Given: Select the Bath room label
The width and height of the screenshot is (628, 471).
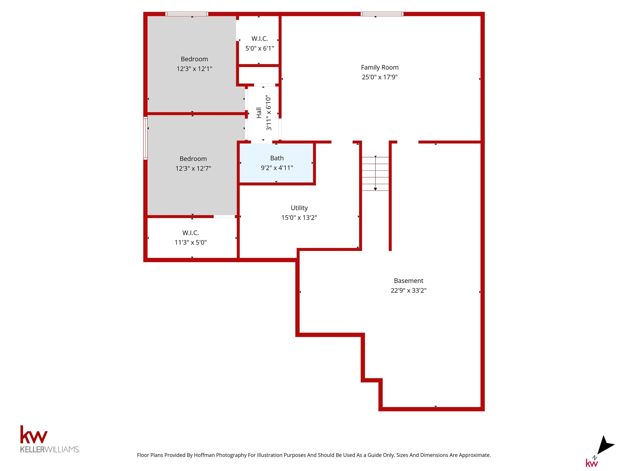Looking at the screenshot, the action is pos(277,158).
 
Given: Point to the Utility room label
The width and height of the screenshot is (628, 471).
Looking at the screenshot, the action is pos(299,208).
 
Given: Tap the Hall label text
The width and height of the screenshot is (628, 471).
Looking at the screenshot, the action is pos(259,113).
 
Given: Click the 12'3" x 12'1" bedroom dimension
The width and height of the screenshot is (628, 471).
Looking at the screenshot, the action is pos(194,69).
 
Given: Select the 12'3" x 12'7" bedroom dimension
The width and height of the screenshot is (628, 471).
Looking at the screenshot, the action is pos(193,169).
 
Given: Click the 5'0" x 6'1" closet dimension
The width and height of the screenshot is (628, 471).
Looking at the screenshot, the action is pos(259,48).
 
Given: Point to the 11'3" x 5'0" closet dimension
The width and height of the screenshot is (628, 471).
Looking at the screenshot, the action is pos(191,242).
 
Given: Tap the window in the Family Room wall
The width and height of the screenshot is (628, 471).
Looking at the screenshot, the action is pos(382,14).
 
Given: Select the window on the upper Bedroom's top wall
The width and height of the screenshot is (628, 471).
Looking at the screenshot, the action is pos(187,14).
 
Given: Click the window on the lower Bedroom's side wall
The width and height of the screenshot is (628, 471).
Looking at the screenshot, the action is pos(145,138).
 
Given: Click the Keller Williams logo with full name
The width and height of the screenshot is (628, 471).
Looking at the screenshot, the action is pos(50,439).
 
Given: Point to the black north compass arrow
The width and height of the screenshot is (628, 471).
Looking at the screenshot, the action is pos(606,445).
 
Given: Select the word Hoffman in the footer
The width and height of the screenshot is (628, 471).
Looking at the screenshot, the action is pos(204,455).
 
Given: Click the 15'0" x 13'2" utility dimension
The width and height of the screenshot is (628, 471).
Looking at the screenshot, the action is pos(299,218).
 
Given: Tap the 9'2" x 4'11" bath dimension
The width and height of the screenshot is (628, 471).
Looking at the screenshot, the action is pos(277,168).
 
